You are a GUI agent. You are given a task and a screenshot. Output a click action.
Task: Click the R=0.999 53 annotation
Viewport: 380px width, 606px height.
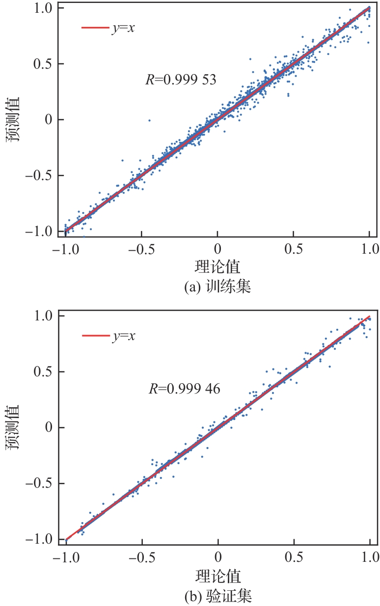pyautogui.click(x=181, y=79)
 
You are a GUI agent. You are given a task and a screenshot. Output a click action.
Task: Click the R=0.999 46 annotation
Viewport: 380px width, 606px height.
pyautogui.click(x=184, y=389)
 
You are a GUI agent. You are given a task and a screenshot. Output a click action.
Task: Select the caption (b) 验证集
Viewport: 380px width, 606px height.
pyautogui.click(x=217, y=597)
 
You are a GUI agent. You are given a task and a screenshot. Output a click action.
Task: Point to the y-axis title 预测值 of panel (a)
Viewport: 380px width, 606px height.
pyautogui.click(x=14, y=119)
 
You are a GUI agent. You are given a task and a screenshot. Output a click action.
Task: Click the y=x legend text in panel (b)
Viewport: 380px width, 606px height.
pyautogui.click(x=124, y=336)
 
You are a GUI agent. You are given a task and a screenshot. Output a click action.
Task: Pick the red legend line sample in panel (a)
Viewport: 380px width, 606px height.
pyautogui.click(x=95, y=27)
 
